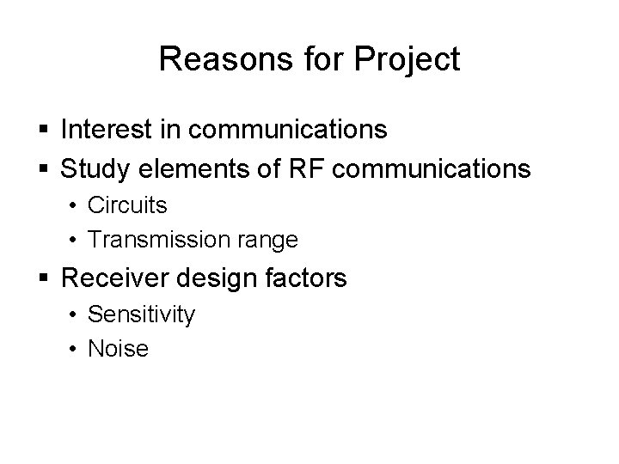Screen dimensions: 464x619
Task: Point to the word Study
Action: point(92,168)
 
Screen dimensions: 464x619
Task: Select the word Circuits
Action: point(127,207)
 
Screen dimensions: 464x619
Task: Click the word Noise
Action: point(119,349)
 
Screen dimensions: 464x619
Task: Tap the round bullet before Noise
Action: point(75,350)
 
